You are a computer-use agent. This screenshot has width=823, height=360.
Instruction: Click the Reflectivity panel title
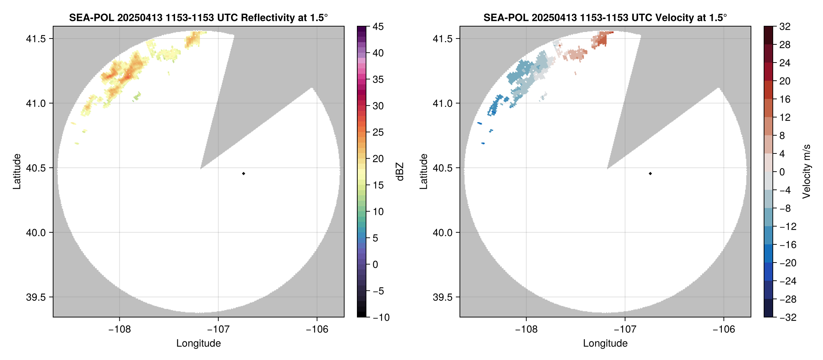pyautogui.click(x=198, y=17)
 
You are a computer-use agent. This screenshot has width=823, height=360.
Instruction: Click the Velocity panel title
pyautogui.click(x=605, y=17)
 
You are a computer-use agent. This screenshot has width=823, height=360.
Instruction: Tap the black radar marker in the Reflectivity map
pyautogui.click(x=243, y=173)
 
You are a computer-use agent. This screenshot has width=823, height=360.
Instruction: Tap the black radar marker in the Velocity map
pyautogui.click(x=650, y=173)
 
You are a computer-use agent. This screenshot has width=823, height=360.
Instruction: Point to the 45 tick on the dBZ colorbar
pyautogui.click(x=378, y=27)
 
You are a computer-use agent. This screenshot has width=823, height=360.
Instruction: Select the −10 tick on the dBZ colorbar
pyautogui.click(x=381, y=317)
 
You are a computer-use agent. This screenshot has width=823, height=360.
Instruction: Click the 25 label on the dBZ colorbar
pyautogui.click(x=378, y=132)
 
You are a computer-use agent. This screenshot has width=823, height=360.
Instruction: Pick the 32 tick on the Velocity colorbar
pyautogui.click(x=784, y=27)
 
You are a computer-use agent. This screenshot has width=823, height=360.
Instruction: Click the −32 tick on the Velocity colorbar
pyautogui.click(x=787, y=317)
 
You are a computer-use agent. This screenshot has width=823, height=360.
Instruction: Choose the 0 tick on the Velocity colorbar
pyautogui.click(x=782, y=172)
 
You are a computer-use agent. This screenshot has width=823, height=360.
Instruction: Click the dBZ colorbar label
pyautogui.click(x=400, y=172)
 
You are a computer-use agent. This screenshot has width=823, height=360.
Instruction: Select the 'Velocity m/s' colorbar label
pyautogui.click(x=807, y=172)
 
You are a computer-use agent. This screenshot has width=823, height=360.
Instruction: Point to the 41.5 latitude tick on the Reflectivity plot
pyautogui.click(x=36, y=39)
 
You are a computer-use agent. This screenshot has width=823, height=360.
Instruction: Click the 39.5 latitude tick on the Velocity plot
pyautogui.click(x=443, y=297)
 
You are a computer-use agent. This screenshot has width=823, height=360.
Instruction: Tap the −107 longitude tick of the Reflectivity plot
pyautogui.click(x=218, y=329)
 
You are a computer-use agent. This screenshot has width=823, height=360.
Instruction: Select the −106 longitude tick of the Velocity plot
pyautogui.click(x=723, y=329)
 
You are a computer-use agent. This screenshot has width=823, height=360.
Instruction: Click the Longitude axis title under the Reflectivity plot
pyautogui.click(x=198, y=343)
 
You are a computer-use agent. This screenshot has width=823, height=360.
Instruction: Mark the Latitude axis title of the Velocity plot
pyautogui.click(x=423, y=172)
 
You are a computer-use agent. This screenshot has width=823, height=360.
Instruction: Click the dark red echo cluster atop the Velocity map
pyautogui.click(x=601, y=38)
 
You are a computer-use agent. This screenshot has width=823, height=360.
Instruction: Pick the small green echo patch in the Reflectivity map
pyautogui.click(x=137, y=97)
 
